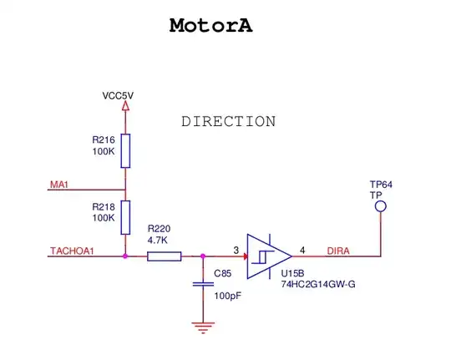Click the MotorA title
tap(210, 25)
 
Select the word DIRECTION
tap(228, 122)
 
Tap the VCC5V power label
tap(118, 95)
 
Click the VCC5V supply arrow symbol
tap(125, 107)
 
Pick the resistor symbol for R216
tap(125, 151)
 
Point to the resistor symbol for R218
tap(125, 216)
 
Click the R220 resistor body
tap(164, 256)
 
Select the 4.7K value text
tap(158, 240)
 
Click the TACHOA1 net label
tap(72, 250)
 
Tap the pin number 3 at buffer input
tap(236, 250)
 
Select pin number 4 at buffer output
tap(302, 250)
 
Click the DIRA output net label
tap(337, 250)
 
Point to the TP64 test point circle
tap(380, 205)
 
